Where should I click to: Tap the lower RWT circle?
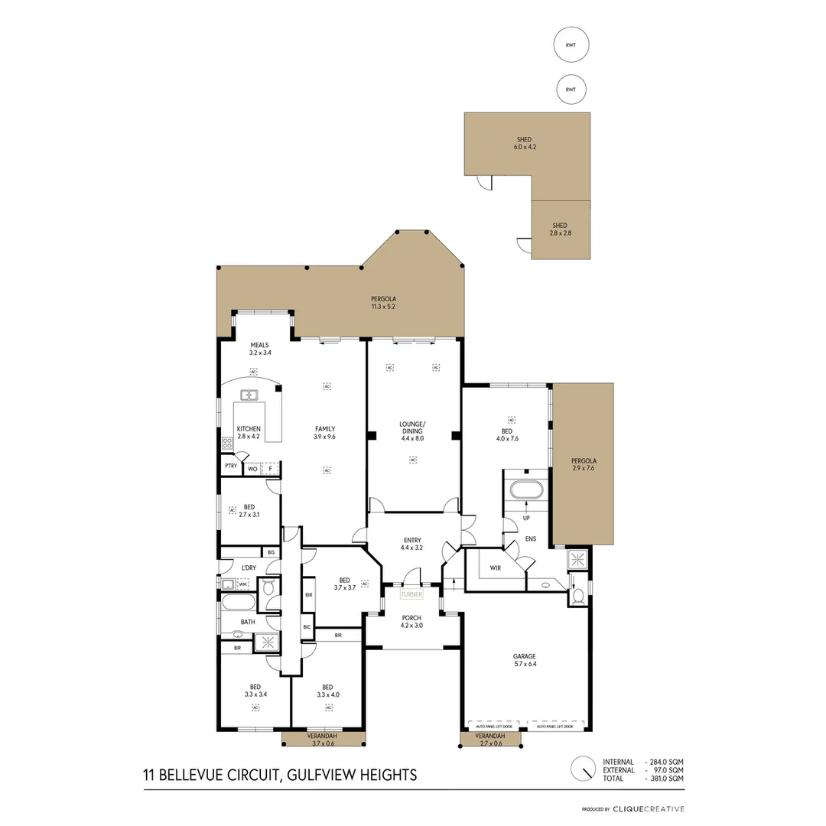point(571,89)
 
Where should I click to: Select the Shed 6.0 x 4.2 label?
point(523,143)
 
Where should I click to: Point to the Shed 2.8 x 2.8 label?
point(561,229)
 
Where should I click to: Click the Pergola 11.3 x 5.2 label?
point(384,303)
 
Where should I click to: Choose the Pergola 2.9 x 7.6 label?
point(584,465)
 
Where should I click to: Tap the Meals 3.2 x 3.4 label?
point(259,350)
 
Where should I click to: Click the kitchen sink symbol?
point(249,395)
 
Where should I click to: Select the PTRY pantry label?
point(230,466)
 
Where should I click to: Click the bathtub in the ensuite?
point(526,489)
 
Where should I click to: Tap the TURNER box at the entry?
point(411,594)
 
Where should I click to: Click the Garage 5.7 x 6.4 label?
point(524,660)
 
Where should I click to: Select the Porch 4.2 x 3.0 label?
point(411,622)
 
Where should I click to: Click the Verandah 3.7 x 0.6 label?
point(324,740)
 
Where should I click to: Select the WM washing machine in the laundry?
point(243,584)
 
